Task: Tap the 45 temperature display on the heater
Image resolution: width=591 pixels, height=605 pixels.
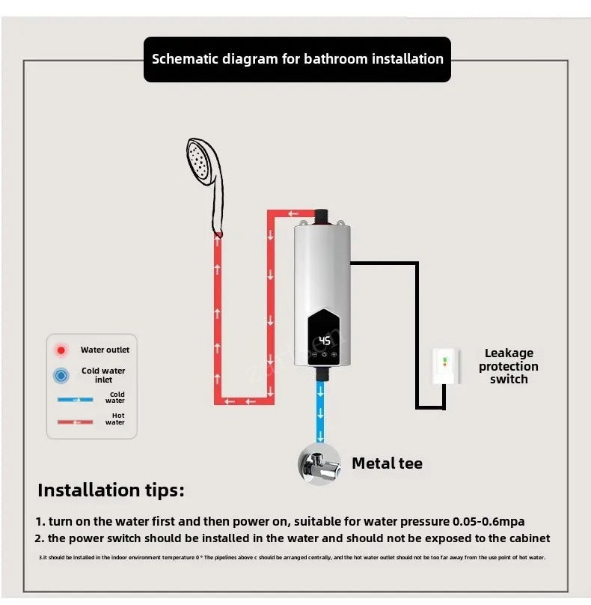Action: [325, 341]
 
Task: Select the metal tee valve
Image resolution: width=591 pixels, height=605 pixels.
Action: [319, 463]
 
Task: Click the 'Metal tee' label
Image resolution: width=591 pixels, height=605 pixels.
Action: [387, 463]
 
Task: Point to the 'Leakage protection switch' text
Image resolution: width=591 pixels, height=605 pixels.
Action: [509, 366]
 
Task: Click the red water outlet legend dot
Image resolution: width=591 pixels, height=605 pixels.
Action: [61, 350]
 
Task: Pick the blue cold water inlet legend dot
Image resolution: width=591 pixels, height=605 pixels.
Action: [61, 375]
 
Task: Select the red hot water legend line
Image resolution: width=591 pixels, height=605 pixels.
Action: [76, 422]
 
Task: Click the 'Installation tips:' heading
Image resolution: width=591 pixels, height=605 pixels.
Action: [111, 491]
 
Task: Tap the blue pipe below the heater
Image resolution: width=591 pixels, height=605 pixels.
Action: [321, 408]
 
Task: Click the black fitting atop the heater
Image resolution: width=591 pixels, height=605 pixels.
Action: [322, 216]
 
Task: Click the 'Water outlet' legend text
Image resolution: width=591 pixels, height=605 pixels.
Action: [105, 350]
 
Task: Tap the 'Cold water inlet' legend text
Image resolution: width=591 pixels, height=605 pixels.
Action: [103, 375]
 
